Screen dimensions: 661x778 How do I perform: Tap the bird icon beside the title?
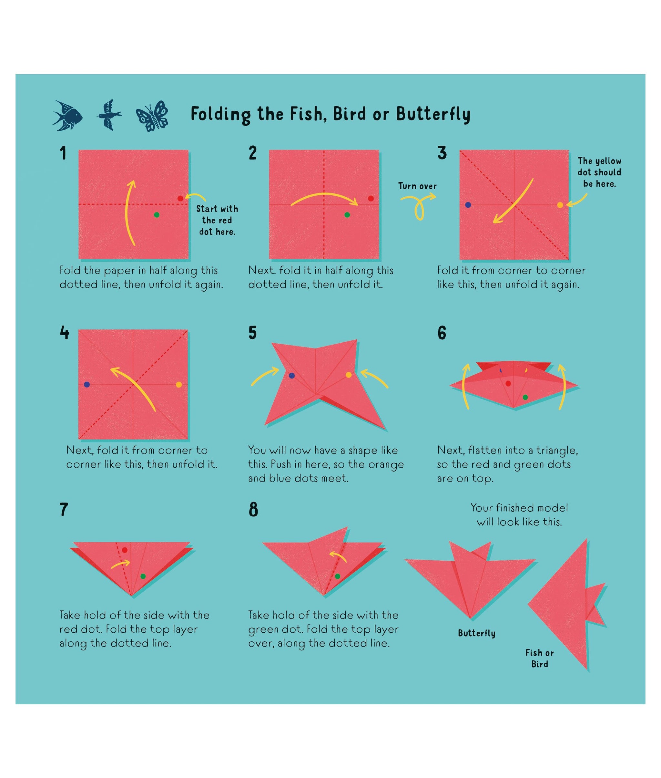tap(109, 115)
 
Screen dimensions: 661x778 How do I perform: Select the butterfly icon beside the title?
tap(152, 116)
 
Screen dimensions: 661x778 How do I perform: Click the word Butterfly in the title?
tap(433, 114)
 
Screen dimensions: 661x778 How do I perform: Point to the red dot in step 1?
tap(180, 198)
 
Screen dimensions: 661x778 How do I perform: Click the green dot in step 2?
tap(347, 215)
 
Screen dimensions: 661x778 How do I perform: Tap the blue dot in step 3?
tap(468, 205)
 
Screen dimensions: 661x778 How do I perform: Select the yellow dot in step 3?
tap(560, 205)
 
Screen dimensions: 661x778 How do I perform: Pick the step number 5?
tap(253, 333)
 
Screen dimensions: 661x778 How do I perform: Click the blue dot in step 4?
tap(87, 385)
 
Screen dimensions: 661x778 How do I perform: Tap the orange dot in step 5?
tap(349, 375)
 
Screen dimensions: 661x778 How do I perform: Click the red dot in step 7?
tap(125, 550)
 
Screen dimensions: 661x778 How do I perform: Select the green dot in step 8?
tap(338, 576)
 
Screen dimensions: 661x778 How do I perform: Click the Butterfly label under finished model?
tap(477, 633)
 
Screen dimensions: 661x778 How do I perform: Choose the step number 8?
tap(253, 510)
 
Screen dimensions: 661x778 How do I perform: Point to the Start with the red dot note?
tap(217, 220)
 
